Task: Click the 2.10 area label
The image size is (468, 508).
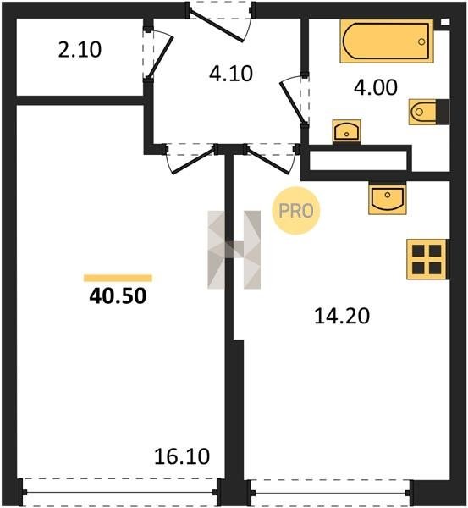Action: coord(80,50)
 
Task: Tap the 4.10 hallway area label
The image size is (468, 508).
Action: coord(230,74)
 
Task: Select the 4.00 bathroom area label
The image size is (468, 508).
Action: coord(376,87)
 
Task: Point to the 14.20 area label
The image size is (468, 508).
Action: coord(342,316)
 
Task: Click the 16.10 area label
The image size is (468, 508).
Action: coord(182,456)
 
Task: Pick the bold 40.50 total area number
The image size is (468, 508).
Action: coord(118,295)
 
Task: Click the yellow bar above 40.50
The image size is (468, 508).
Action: coord(118,278)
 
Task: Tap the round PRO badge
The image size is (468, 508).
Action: coord(295,211)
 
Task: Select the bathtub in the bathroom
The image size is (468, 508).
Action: coord(387,41)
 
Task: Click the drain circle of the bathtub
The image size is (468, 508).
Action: coord(421,41)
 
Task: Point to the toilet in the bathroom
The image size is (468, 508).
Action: coord(428,112)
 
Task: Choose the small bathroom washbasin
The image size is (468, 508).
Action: coord(346,131)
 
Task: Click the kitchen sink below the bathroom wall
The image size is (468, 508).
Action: coord(387,197)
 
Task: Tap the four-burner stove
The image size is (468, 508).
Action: coord(427,259)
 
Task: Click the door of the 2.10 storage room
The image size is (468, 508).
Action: coord(160,56)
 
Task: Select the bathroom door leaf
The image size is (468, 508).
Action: coord(292,102)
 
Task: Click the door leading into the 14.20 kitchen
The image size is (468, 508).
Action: coord(269,160)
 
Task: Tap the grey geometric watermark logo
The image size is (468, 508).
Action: coord(234,250)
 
